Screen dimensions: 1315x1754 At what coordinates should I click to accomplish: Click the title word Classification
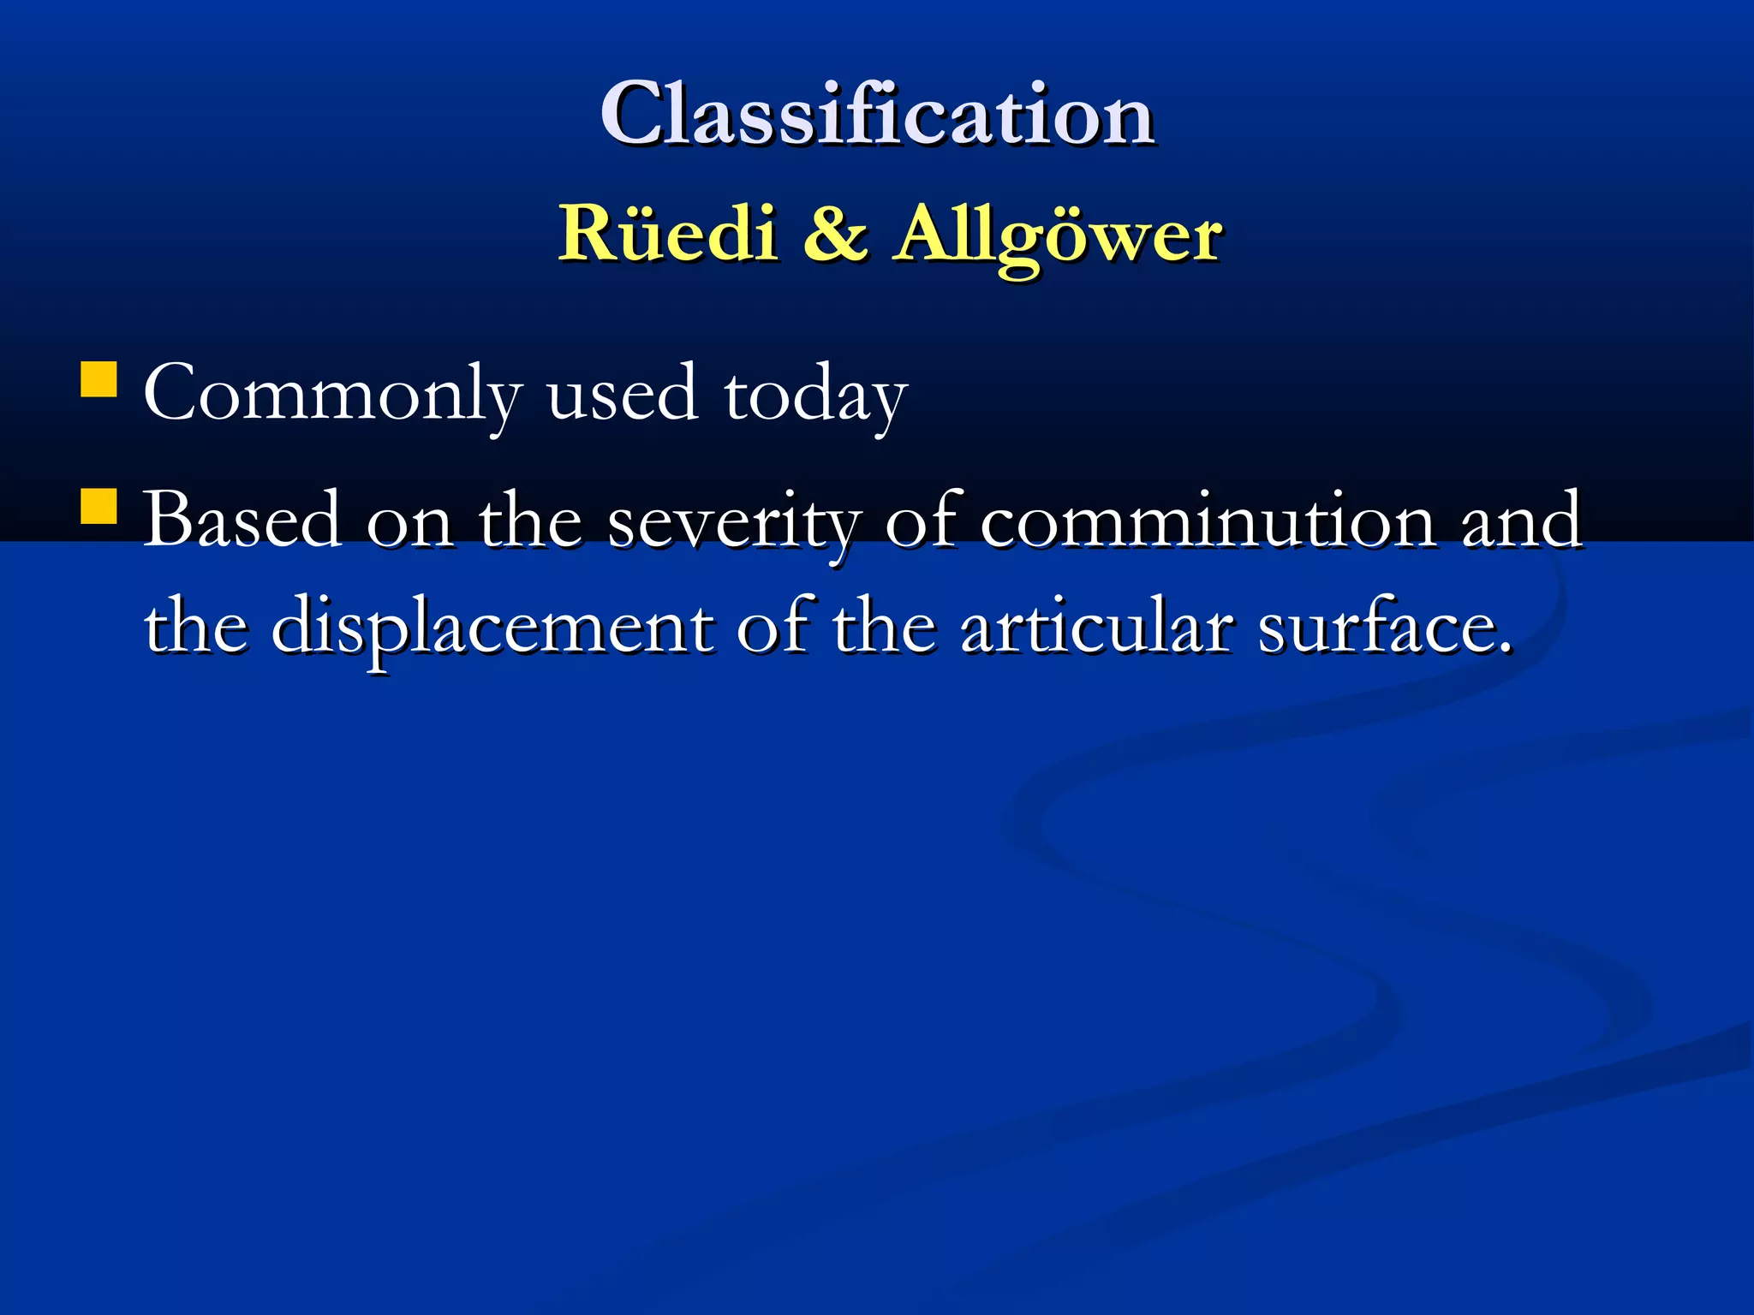[x=877, y=114]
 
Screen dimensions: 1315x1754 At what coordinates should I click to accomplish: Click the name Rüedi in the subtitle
[x=667, y=233]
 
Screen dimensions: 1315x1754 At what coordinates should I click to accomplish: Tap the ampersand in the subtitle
[x=835, y=233]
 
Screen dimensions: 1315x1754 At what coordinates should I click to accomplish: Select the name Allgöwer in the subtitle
[x=1057, y=235]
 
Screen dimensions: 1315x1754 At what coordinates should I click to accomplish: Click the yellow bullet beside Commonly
[x=98, y=379]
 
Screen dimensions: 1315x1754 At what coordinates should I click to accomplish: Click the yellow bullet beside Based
[x=98, y=505]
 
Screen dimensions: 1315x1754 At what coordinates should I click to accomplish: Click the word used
[x=622, y=394]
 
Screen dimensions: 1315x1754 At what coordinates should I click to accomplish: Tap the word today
[x=814, y=394]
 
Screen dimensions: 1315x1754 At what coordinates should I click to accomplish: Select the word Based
[x=242, y=520]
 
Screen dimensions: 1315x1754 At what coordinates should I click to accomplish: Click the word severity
[x=733, y=521]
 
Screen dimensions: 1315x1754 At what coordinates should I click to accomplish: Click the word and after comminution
[x=1521, y=520]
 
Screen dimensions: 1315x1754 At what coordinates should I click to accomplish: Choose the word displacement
[x=492, y=628]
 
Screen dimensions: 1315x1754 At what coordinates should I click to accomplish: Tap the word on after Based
[x=409, y=523]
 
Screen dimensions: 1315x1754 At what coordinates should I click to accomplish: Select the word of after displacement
[x=773, y=627]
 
